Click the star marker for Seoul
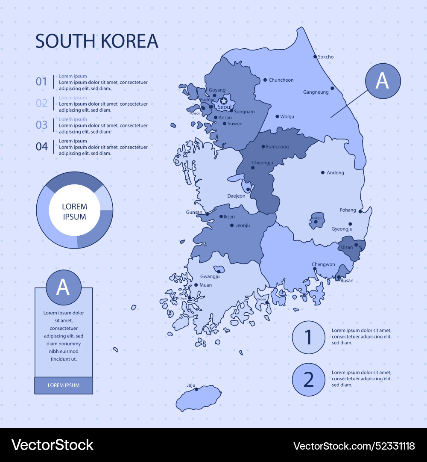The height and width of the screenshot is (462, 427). (x=223, y=101)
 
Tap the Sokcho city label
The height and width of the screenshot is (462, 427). (x=326, y=56)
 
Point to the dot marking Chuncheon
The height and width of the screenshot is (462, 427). (x=265, y=80)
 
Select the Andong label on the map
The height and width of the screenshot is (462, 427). (x=335, y=173)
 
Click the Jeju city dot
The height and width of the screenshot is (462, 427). (x=196, y=389)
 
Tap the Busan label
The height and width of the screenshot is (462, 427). (x=347, y=281)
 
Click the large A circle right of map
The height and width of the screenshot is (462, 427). (x=383, y=81)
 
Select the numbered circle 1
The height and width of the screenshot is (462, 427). (x=309, y=338)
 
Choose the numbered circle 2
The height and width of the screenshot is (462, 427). (x=309, y=379)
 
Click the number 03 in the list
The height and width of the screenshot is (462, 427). (x=41, y=125)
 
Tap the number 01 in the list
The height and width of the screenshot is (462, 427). (x=41, y=81)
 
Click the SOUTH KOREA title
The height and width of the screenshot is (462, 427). (x=97, y=41)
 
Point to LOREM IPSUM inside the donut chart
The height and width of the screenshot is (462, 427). (x=74, y=212)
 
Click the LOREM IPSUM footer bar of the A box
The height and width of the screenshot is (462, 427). (x=64, y=385)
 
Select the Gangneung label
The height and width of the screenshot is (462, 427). (x=316, y=92)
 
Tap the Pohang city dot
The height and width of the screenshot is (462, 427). (x=360, y=211)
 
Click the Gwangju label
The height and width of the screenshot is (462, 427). (x=210, y=276)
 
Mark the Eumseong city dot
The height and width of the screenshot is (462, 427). (x=263, y=147)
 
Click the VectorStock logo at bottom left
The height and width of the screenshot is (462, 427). (x=52, y=445)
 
